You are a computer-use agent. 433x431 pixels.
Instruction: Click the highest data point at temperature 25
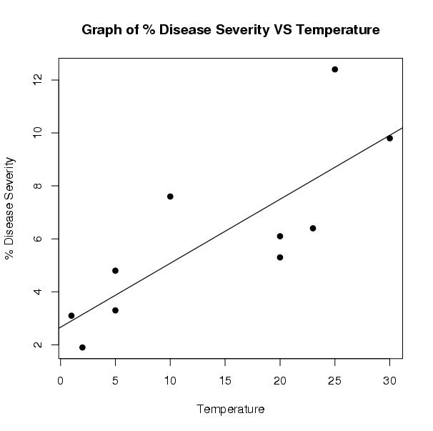(334, 69)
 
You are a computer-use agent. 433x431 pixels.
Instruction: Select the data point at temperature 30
(389, 138)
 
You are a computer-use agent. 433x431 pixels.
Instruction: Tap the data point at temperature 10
(170, 197)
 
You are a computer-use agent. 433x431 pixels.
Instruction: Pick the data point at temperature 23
(313, 228)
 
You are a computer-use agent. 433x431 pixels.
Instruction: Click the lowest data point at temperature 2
(82, 347)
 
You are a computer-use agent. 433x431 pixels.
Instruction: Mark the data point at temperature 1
(71, 315)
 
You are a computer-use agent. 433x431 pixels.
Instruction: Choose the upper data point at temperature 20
(280, 236)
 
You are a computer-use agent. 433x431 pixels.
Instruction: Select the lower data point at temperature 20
(280, 257)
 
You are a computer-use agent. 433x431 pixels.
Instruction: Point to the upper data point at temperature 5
(115, 270)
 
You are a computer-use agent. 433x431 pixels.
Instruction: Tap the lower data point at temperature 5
(115, 310)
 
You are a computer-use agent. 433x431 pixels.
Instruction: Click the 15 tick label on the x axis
(225, 380)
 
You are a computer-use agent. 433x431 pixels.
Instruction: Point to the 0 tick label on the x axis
(60, 380)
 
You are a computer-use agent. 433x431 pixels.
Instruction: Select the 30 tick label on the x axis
(389, 380)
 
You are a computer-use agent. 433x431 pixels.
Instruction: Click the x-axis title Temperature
(230, 410)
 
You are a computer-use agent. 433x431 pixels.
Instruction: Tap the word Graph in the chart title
(102, 30)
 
